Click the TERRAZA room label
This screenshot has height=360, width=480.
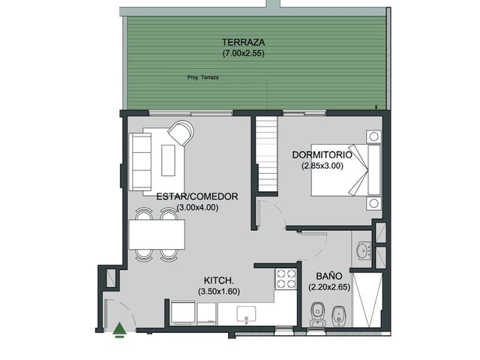pos(243,42)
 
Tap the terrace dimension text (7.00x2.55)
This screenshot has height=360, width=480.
pos(243,53)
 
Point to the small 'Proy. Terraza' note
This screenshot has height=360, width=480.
pos(203,77)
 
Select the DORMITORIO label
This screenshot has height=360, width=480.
pos(322,154)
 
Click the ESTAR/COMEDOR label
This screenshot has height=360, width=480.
pos(197,196)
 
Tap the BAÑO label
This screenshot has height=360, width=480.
pos(329,276)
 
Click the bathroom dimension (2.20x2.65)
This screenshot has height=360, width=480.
pos(329,287)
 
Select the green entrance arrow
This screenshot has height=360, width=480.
pos(118,330)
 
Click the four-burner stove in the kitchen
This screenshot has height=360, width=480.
pos(286,279)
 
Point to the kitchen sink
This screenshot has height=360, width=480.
pos(247,315)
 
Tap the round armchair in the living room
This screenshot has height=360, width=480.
pos(181,133)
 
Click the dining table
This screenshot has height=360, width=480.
pos(157,235)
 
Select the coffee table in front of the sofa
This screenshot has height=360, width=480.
pos(168,160)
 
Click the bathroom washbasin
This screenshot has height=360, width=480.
pos(364,250)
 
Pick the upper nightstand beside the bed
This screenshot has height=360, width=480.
pos(373,136)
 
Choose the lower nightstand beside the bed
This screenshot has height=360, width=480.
pos(373,203)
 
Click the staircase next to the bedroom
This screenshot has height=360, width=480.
pos(267,154)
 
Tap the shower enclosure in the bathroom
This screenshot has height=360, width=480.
pos(367,300)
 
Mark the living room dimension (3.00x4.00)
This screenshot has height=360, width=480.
pos(197,208)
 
